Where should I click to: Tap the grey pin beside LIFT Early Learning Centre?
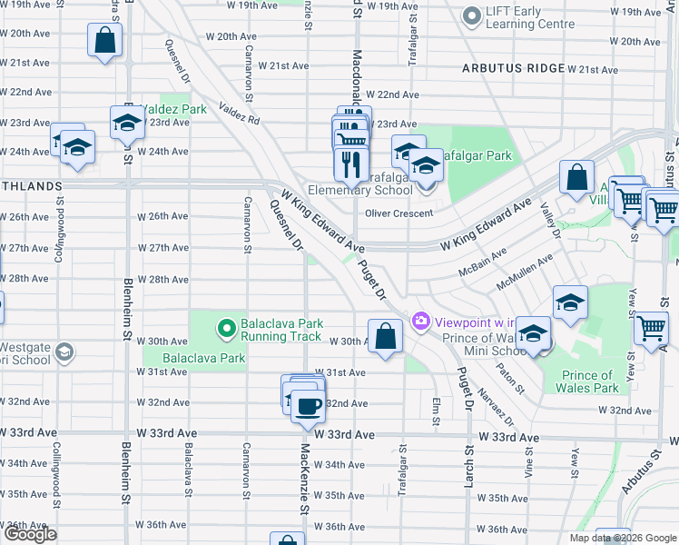coord(471,16)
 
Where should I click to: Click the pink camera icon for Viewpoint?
coord(419,321)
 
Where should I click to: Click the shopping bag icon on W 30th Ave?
coord(386,336)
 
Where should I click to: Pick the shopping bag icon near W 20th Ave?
coord(104,40)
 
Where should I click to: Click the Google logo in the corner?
coord(30,534)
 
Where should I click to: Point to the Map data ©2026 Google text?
coord(623,538)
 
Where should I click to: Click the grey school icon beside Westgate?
coord(64,352)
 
